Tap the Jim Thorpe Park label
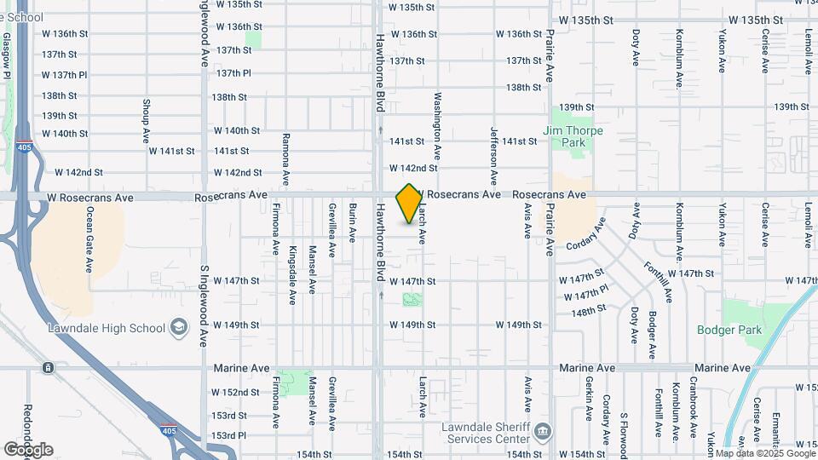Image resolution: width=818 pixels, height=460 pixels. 565,136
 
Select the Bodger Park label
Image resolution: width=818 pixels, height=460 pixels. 720,330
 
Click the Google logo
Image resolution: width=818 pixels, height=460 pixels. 28,449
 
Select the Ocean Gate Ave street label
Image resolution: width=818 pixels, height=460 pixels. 89,241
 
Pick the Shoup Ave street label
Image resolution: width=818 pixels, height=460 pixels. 146,124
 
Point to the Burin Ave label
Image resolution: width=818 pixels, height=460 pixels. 352,223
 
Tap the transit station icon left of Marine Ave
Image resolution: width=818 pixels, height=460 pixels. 48,368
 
